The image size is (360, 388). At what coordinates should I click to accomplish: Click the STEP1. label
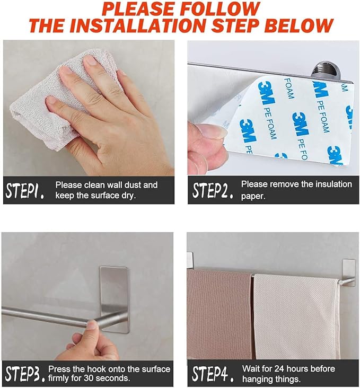coord(25,190)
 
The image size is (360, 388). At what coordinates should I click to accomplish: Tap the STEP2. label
coord(213,190)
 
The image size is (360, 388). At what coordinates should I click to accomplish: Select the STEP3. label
coord(25,374)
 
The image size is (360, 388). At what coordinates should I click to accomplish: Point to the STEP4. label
coord(213,374)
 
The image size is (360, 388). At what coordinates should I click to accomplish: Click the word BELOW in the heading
coord(301,25)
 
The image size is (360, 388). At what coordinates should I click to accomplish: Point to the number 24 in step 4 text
coord(271,369)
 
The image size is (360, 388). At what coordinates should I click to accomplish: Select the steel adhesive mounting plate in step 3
coord(114,299)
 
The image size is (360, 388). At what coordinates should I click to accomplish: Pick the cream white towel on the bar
coord(296,316)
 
